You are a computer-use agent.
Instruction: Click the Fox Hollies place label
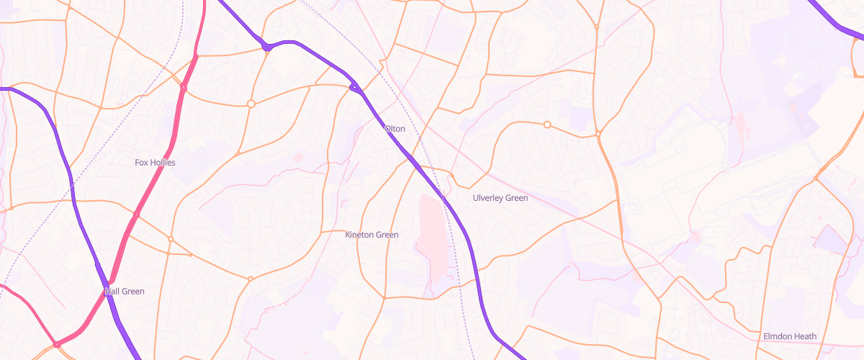(155, 163)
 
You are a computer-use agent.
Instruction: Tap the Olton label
(395, 129)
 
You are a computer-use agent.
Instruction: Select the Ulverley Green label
(500, 198)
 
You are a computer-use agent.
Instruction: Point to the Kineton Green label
(372, 235)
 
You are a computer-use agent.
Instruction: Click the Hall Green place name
(125, 292)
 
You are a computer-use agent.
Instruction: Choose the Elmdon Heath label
(790, 336)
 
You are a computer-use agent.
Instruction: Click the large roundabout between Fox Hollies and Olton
(251, 104)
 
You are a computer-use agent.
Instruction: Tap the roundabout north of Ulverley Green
(547, 125)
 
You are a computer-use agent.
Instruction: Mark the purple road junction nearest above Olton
(354, 87)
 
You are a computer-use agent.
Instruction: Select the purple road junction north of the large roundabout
(267, 48)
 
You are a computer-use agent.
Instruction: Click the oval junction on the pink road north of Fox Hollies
(184, 88)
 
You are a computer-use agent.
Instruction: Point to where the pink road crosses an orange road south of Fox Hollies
(136, 215)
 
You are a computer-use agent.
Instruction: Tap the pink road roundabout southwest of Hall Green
(56, 344)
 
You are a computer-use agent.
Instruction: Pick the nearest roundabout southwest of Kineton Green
(251, 279)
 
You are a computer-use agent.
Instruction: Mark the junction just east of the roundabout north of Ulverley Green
(598, 134)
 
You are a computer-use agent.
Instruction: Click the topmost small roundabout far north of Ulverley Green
(597, 27)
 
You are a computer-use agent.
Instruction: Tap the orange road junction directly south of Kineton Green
(384, 297)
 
